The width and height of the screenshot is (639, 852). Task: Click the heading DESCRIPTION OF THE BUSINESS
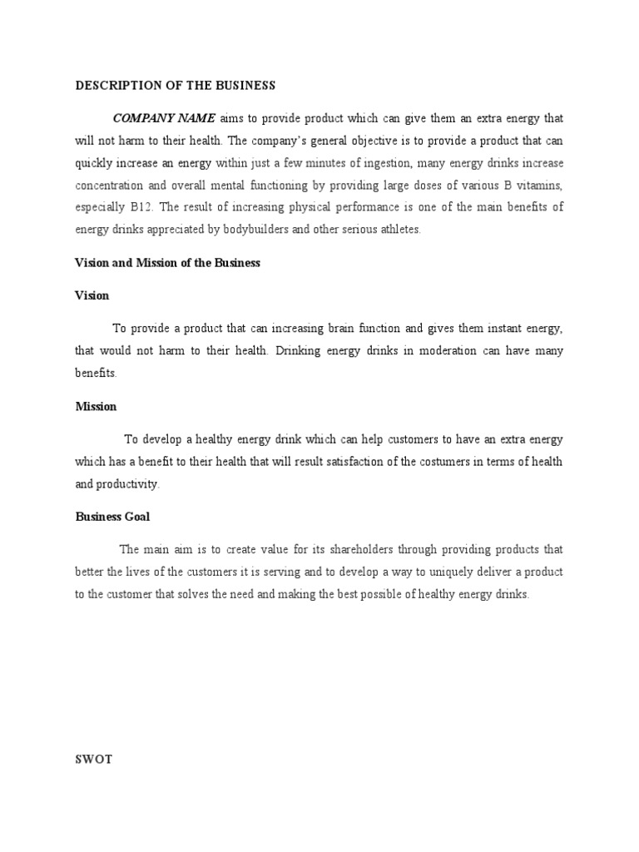(175, 86)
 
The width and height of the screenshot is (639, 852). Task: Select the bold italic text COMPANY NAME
(165, 118)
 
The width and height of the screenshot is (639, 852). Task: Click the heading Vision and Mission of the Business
(167, 263)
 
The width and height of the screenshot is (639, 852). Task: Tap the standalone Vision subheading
(92, 295)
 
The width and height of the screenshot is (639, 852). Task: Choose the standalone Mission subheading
(96, 407)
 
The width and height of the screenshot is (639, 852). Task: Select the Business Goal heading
(112, 517)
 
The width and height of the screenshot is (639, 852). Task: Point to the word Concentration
(110, 185)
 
